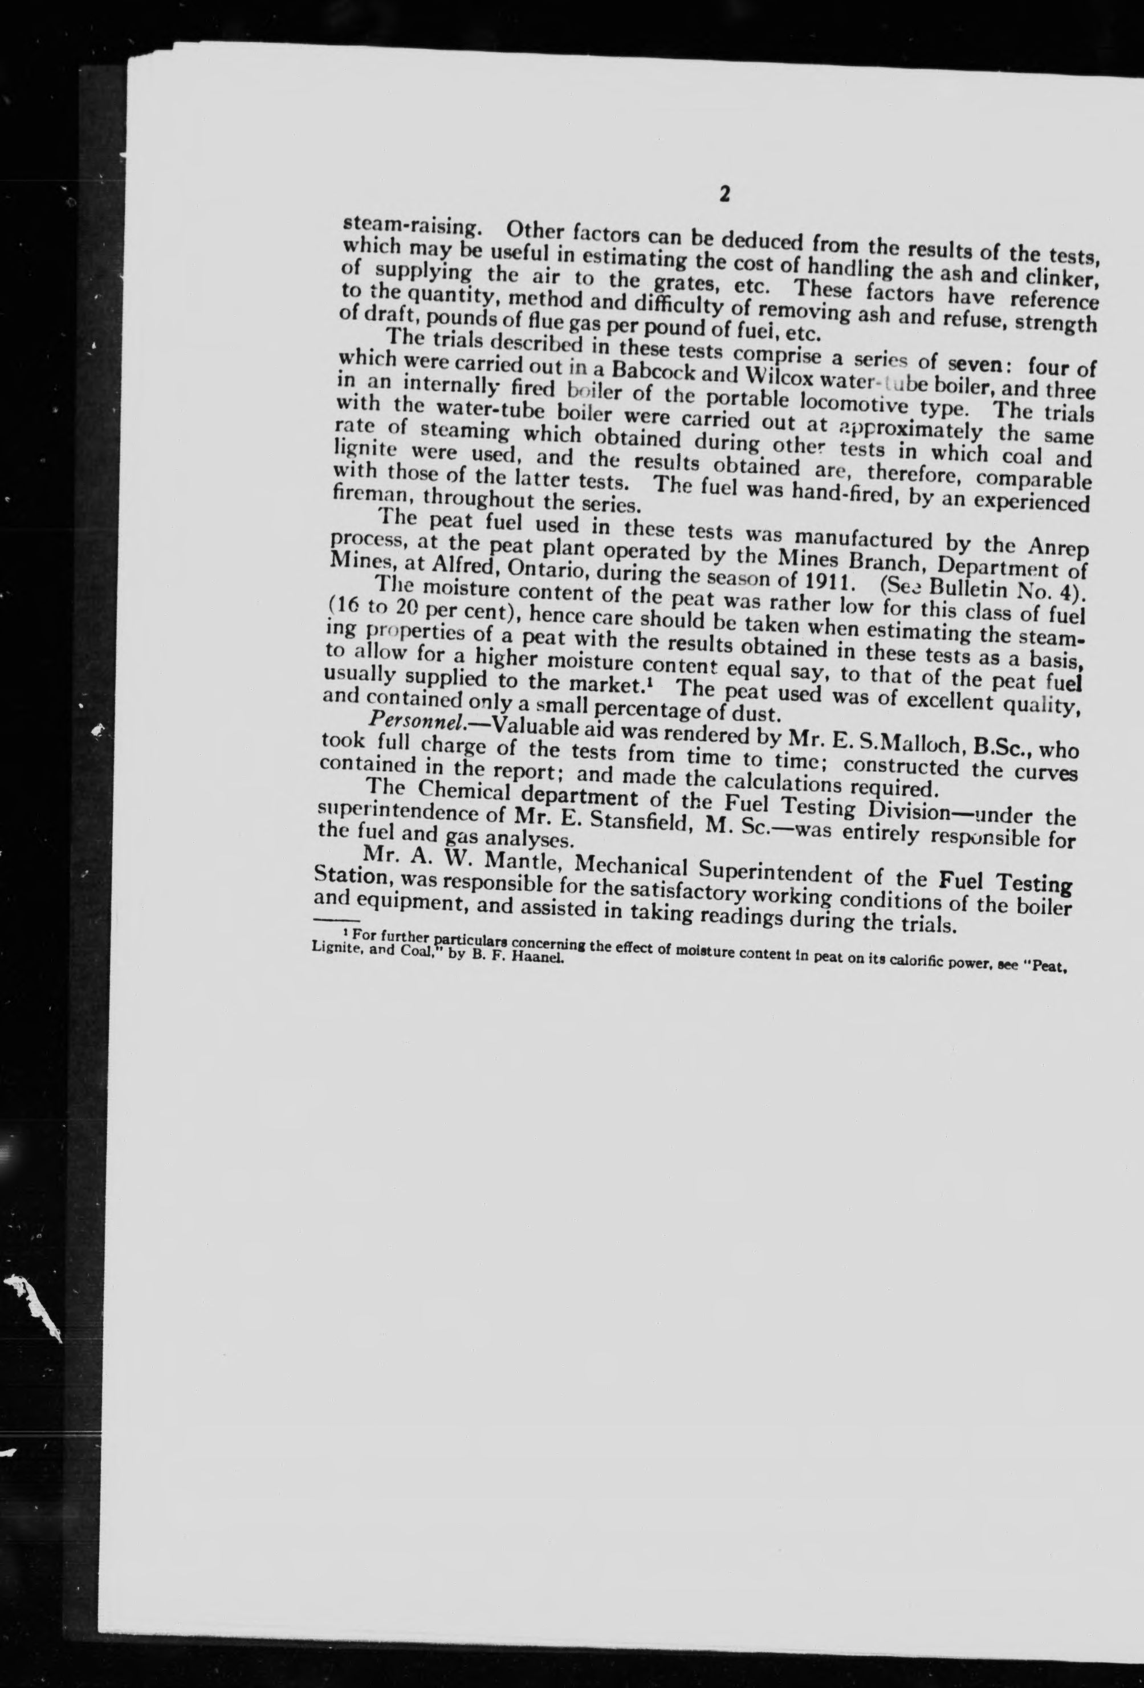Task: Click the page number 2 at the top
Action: (x=723, y=194)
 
